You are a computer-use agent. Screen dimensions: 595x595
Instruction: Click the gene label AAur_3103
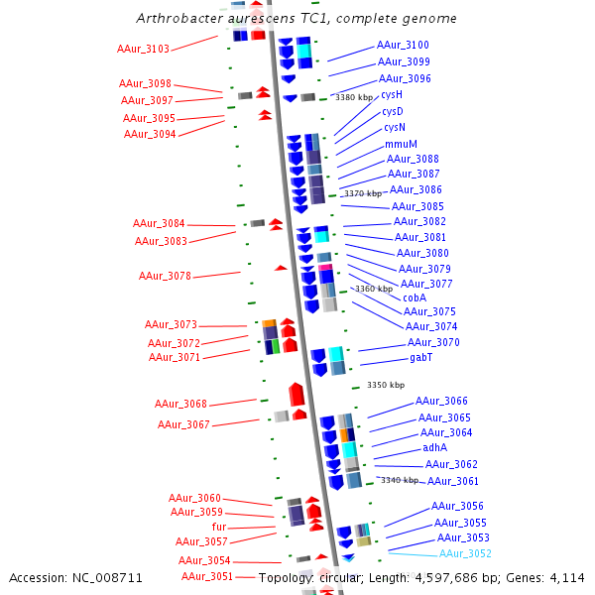pyautogui.click(x=143, y=49)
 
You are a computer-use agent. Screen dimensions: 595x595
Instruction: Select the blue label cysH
pyautogui.click(x=392, y=95)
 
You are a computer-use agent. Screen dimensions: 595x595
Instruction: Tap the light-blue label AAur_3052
pyautogui.click(x=465, y=553)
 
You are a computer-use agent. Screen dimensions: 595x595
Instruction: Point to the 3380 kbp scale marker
pyautogui.click(x=354, y=97)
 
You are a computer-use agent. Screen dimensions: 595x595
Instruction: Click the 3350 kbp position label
pyautogui.click(x=386, y=385)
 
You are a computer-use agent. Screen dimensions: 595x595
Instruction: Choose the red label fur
pyautogui.click(x=219, y=527)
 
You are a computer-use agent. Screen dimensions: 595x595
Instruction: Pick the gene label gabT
pyautogui.click(x=420, y=357)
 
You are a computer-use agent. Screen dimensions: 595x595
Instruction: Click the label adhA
pyautogui.click(x=434, y=447)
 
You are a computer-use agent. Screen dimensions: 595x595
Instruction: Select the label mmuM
pyautogui.click(x=401, y=144)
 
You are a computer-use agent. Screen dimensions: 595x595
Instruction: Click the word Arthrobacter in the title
pyautogui.click(x=175, y=19)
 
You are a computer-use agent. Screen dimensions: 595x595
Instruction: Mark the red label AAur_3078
pyautogui.click(x=165, y=276)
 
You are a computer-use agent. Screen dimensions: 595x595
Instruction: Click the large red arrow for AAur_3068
pyautogui.click(x=296, y=395)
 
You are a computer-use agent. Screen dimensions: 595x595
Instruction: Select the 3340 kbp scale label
pyautogui.click(x=400, y=480)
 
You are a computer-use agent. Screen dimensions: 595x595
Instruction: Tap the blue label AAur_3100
pyautogui.click(x=403, y=45)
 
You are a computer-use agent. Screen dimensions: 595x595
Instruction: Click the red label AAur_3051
pyautogui.click(x=207, y=576)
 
